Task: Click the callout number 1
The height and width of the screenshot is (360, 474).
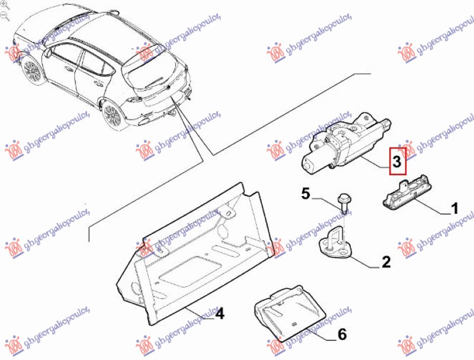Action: pos(454,208)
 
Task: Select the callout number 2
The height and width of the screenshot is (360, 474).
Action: pos(386,262)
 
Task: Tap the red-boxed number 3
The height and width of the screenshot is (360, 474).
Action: pos(397,161)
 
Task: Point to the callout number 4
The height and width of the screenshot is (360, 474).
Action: pos(220,313)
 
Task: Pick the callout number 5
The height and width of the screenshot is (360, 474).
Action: pos(306,193)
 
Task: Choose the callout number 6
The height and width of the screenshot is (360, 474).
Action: pos(342,334)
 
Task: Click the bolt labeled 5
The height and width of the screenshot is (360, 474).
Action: pos(344,203)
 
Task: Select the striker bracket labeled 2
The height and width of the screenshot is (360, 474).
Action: pos(335,242)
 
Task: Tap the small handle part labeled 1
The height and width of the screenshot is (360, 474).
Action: pos(406,194)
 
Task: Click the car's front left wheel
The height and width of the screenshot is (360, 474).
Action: pos(32,70)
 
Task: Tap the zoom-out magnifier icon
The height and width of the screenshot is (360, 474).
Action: pos(5,16)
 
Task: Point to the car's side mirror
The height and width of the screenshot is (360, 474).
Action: pos(48,53)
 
